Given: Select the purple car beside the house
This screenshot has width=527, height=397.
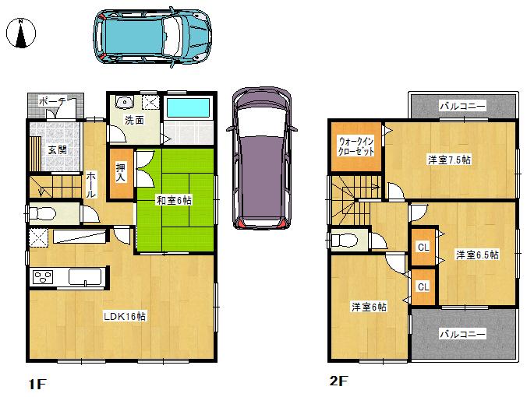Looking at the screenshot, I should click(260, 158).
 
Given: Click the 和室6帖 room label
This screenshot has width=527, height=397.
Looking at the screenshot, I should click(174, 200).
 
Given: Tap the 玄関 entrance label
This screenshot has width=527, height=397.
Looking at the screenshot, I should click(56, 149).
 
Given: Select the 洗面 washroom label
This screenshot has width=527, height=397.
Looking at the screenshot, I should click(135, 121).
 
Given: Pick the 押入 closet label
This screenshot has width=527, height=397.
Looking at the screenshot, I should click(122, 172).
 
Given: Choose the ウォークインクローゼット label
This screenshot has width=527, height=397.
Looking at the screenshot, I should click(355, 146).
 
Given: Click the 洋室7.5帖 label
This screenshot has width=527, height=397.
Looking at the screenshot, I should click(448, 160).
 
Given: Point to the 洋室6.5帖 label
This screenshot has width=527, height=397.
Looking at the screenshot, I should click(477, 255).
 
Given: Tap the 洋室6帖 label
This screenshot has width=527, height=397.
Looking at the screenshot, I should click(369, 306).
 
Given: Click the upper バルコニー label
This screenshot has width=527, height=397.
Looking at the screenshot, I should click(462, 105).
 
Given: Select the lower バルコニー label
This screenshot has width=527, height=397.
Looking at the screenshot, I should click(462, 334).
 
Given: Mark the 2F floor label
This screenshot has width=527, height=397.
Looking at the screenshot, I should click(337, 381).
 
